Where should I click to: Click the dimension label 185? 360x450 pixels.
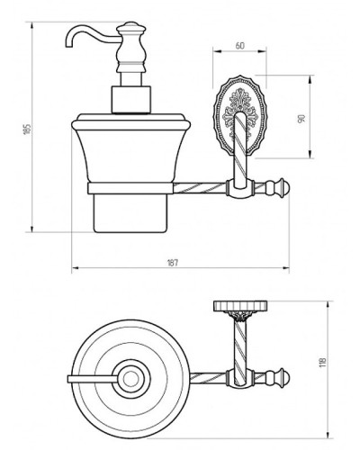tap(27, 129)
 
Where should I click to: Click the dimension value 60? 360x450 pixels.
tap(239, 45)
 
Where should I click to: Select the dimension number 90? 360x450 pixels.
tap(301, 118)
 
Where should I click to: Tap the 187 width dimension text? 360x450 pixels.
tap(172, 263)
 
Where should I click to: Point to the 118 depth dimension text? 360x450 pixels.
tap(323, 363)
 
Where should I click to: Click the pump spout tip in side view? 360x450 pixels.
tap(68, 45)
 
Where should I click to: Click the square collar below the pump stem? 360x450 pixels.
tap(130, 100)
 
